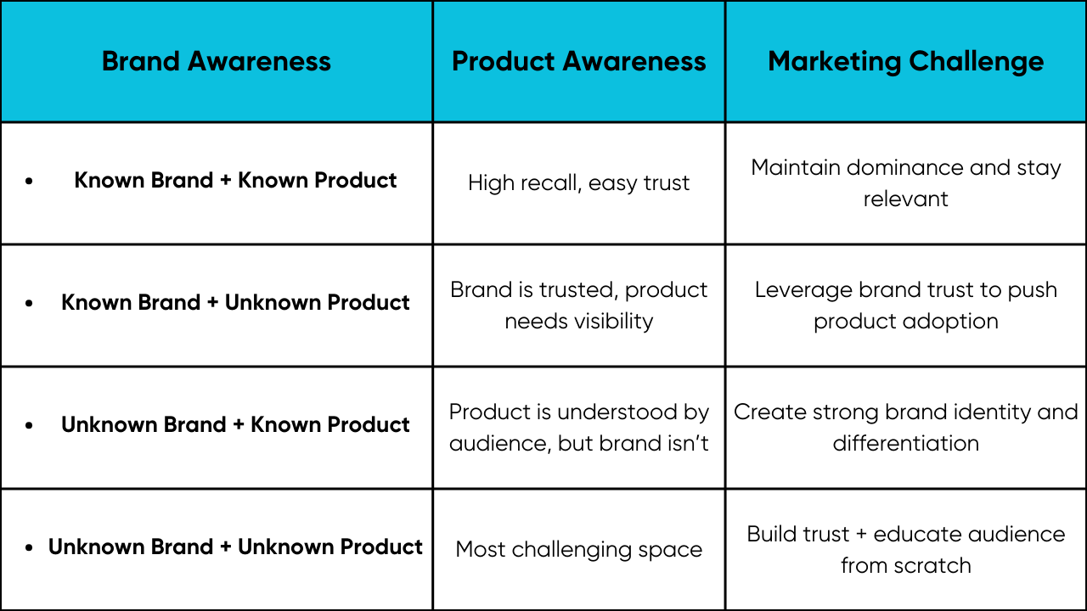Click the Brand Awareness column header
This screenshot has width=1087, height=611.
(216, 62)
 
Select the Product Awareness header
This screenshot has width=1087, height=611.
(579, 62)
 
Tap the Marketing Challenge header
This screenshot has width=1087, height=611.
(905, 63)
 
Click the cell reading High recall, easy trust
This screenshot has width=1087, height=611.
(578, 183)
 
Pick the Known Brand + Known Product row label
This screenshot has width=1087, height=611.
(235, 180)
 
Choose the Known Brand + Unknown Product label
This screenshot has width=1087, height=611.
(235, 302)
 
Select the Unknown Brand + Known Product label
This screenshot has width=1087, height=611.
(235, 424)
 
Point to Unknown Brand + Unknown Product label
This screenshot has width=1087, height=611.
(235, 547)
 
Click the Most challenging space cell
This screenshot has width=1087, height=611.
(578, 550)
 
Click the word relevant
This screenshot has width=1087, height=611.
(905, 199)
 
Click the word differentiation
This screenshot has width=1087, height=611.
(905, 443)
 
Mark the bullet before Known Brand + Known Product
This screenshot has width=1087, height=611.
(29, 181)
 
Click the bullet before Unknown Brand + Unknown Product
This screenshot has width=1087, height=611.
(29, 547)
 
